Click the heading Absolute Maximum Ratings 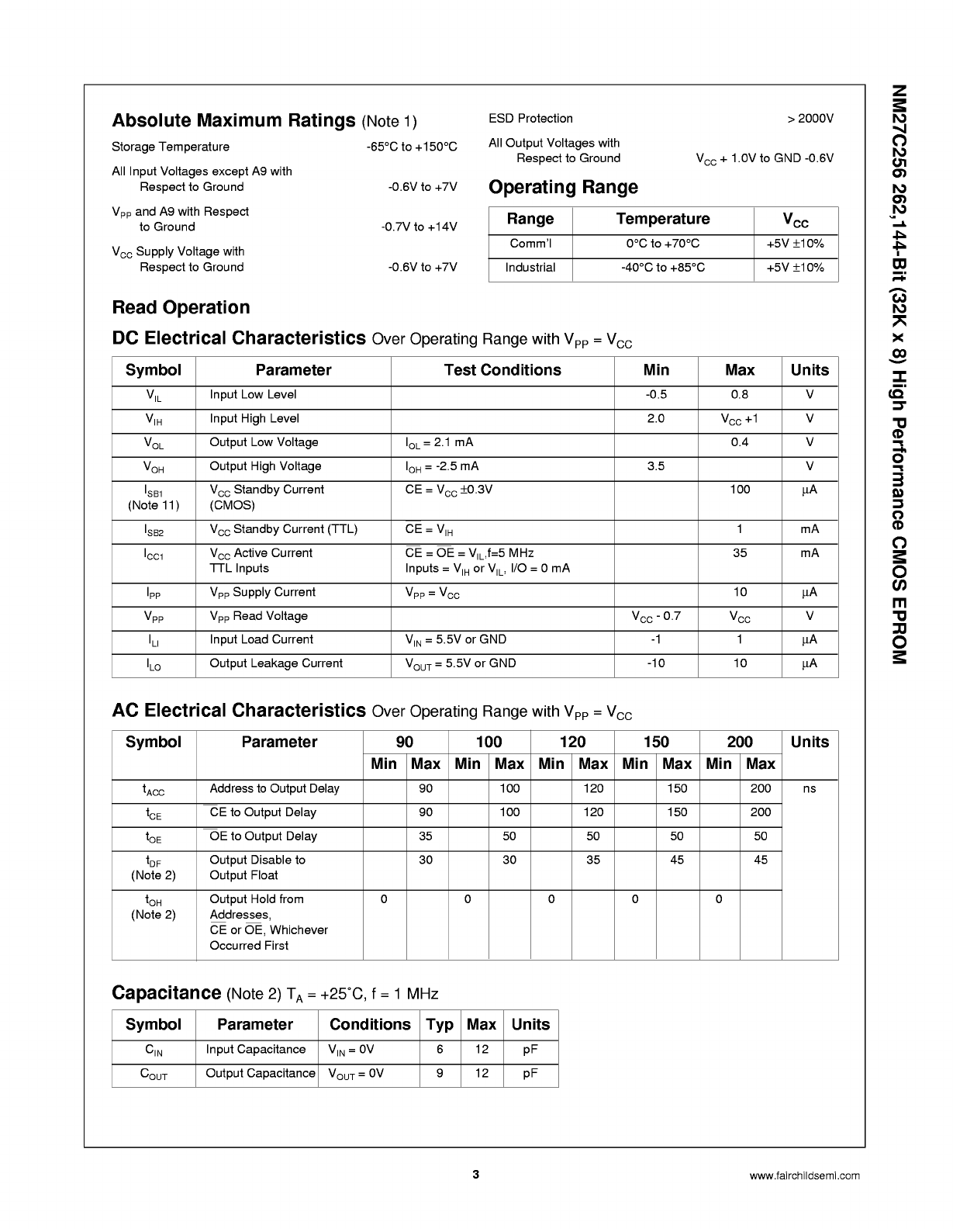(233, 121)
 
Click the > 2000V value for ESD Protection (810, 119)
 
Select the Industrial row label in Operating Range (530, 268)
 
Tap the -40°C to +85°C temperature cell (663, 268)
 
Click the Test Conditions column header (502, 370)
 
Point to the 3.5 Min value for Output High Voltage (656, 466)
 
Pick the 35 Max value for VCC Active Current (740, 553)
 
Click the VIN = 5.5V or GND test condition (456, 640)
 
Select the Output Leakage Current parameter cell (276, 663)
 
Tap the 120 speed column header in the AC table (572, 742)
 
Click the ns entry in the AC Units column (810, 789)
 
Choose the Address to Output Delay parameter (275, 789)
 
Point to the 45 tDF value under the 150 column (677, 860)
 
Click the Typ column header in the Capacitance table (440, 1025)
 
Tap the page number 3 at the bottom (476, 1175)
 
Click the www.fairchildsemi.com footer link (805, 1175)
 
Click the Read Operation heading (181, 308)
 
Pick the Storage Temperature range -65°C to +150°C (412, 147)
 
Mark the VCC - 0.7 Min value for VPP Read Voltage (656, 617)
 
